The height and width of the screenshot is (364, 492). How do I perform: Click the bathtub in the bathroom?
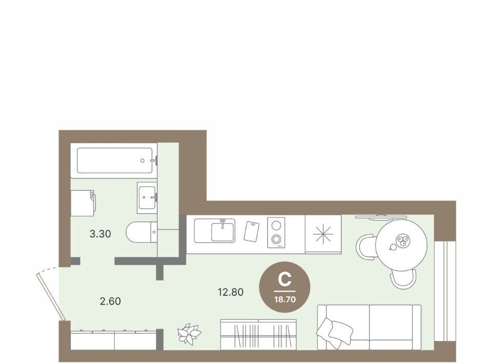114,160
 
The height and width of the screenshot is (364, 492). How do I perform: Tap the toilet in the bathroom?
141,232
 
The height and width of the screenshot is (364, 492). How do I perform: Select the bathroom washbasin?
147,198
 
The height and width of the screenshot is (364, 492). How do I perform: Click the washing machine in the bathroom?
83,203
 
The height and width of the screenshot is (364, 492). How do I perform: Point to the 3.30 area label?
100,234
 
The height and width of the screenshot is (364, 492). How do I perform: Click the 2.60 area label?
110,301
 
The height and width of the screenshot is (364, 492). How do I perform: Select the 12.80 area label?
231,292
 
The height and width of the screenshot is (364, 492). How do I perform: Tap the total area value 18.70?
285,299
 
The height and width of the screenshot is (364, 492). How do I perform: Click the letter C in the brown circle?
284,279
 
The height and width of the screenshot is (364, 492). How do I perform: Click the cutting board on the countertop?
251,232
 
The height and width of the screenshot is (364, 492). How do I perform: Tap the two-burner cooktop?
276,233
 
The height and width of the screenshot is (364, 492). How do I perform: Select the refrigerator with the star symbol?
323,234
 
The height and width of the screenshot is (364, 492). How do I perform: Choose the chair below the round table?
403,279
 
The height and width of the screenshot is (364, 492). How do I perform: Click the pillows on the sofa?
335,331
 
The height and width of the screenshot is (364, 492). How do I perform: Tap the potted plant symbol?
189,334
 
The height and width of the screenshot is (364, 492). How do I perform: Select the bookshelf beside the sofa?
258,334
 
